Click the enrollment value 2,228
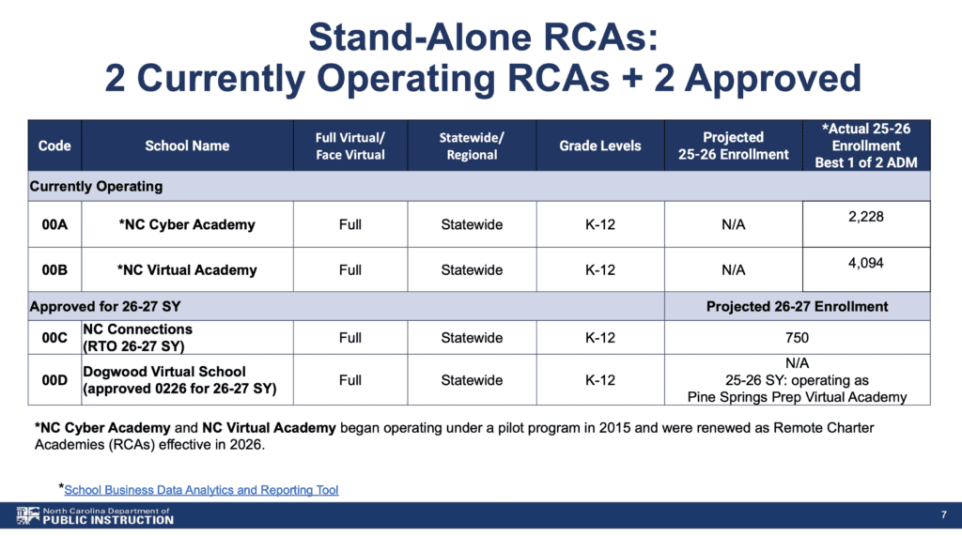tap(865, 217)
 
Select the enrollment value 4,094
tap(865, 263)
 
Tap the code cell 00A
tap(54, 224)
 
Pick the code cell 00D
tap(54, 380)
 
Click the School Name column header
tap(187, 145)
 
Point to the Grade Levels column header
tap(600, 145)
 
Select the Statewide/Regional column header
tap(472, 145)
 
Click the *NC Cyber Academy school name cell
tap(187, 224)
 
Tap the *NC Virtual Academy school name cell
tap(187, 269)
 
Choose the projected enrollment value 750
tap(797, 338)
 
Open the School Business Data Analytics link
tap(201, 490)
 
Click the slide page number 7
tap(943, 514)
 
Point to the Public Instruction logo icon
tap(27, 515)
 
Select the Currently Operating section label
tap(97, 187)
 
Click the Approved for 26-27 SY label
tap(105, 307)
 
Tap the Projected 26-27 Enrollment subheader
tap(797, 307)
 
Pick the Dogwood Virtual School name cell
tap(179, 380)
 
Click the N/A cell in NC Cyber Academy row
tap(733, 224)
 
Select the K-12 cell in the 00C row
tap(600, 338)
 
